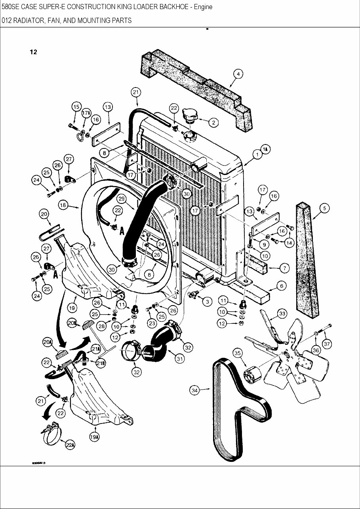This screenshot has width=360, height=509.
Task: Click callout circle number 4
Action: pos(238,74)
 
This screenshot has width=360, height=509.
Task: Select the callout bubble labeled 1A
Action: pos(265,149)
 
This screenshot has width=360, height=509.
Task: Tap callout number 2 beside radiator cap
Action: pos(213,123)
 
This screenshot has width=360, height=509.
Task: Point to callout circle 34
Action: pos(194,391)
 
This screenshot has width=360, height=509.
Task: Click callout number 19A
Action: pos(94,437)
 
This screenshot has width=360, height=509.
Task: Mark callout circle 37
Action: pos(327,344)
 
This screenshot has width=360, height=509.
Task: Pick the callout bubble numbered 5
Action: pos(325,208)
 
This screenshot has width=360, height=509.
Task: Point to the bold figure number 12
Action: pos(33,52)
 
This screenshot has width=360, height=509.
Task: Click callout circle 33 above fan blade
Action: pos(282,314)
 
